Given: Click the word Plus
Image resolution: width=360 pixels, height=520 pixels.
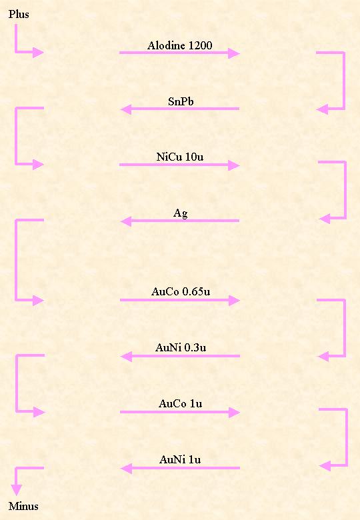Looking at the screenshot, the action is click(x=19, y=14).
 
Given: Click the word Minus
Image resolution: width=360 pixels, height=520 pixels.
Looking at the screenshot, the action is click(x=23, y=506).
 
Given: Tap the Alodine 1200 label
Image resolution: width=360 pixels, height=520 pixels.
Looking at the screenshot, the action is click(x=180, y=45).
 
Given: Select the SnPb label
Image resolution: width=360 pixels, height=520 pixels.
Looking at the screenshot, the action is click(x=181, y=101).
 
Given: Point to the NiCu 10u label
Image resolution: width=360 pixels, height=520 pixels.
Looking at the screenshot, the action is click(x=180, y=157).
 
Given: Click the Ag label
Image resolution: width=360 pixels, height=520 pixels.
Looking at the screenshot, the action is click(x=180, y=213).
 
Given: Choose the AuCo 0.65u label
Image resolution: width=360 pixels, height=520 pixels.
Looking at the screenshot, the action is click(x=181, y=291).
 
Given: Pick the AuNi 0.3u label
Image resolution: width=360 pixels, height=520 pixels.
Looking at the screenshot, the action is click(x=181, y=347).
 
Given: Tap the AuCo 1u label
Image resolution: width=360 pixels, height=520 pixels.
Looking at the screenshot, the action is click(x=180, y=403).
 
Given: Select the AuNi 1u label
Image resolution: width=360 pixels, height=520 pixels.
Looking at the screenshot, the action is click(x=180, y=459).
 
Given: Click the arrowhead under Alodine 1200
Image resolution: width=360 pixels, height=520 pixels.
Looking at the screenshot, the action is click(x=234, y=53).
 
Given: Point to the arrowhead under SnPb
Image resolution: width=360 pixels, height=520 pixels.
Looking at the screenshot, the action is click(x=125, y=109).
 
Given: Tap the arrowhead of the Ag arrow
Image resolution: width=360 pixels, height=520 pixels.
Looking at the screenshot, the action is click(x=125, y=221).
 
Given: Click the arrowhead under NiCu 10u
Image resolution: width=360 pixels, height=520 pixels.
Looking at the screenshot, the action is click(x=234, y=165).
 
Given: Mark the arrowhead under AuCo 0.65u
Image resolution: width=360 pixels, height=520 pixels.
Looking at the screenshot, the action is click(x=234, y=301).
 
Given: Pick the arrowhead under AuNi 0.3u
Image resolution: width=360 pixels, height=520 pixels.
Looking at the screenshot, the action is click(x=126, y=357).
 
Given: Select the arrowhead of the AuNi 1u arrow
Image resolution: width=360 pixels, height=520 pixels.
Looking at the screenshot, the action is click(x=126, y=469).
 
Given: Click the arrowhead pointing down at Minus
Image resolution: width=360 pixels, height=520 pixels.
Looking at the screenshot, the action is click(x=16, y=490).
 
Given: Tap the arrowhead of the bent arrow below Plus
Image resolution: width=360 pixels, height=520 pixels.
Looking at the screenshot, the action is click(x=38, y=52).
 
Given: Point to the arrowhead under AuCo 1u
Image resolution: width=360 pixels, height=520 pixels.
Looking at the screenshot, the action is click(x=235, y=413).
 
